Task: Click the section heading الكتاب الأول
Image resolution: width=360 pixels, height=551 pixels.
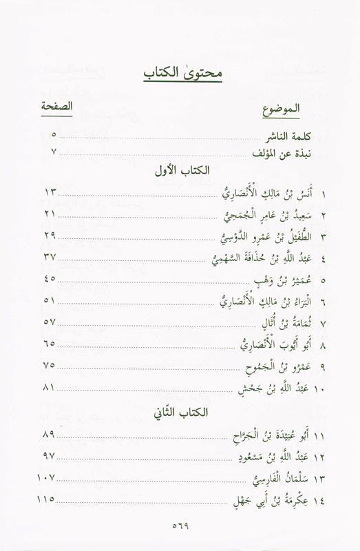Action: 180,171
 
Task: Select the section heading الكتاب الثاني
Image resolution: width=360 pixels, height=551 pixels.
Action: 180,413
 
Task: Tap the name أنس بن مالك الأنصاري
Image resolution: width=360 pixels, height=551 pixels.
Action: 272,192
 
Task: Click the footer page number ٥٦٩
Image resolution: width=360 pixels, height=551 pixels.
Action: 180,524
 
